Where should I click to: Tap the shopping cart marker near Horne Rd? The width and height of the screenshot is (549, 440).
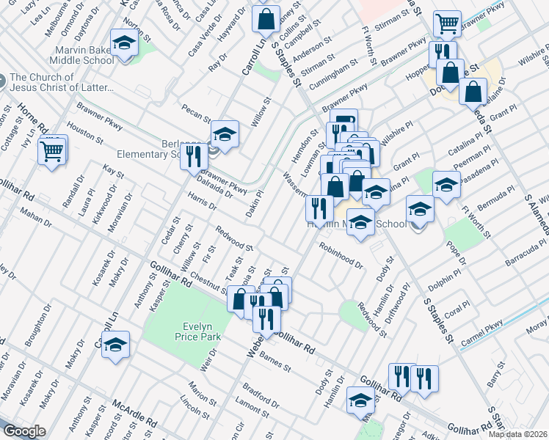coord(51,152)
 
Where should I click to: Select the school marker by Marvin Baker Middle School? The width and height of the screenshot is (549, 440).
coord(124,44)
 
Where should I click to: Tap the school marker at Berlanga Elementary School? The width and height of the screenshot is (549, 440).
coord(225,134)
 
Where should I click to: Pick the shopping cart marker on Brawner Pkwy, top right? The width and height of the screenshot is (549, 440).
coord(446,24)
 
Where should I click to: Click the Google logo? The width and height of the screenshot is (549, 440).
coord(24,431)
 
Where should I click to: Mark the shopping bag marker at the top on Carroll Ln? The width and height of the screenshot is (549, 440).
coord(266,18)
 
